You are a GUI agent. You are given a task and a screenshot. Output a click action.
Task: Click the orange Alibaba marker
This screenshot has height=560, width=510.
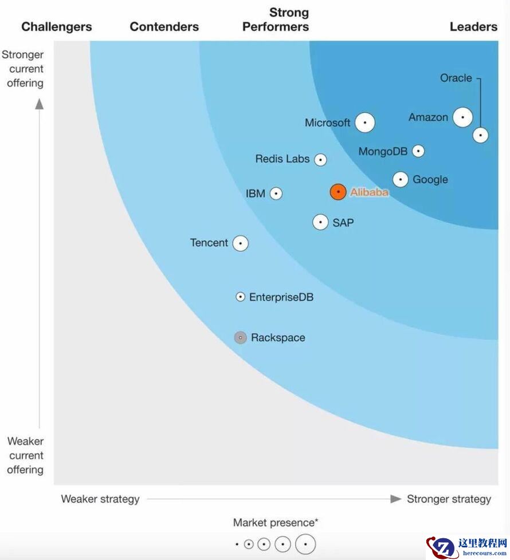(338, 192)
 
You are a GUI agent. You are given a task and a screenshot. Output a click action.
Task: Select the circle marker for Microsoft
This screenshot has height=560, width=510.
(365, 123)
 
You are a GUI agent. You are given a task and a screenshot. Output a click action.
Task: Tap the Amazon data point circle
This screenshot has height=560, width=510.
(462, 117)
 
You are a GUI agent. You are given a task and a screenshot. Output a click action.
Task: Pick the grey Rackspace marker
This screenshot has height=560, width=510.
(241, 338)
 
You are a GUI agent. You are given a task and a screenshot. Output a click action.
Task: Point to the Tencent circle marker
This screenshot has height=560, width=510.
(241, 243)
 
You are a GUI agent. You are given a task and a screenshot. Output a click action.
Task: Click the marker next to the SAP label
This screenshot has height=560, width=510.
(320, 222)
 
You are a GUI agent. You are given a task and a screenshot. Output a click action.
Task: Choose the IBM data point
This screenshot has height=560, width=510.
(276, 194)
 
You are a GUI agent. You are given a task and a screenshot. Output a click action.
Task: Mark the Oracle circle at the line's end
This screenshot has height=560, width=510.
(480, 135)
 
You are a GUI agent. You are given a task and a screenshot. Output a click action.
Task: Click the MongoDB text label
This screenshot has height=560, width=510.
(383, 152)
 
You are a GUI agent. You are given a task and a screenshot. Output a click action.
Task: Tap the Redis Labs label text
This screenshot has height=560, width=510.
(283, 159)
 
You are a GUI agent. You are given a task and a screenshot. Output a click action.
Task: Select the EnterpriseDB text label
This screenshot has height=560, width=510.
(281, 298)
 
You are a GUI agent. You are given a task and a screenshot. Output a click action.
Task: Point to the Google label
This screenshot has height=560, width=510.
(430, 180)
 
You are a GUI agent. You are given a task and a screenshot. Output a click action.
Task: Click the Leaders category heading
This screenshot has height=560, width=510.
(473, 27)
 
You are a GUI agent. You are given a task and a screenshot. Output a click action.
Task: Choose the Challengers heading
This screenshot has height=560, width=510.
(57, 27)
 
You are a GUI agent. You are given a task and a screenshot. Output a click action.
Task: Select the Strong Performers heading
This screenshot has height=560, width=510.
(276, 19)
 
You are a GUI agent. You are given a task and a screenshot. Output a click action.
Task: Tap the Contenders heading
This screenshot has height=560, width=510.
(164, 27)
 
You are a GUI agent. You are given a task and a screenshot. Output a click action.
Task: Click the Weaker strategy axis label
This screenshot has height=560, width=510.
(100, 499)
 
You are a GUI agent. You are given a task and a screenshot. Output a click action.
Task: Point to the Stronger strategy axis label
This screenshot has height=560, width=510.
(449, 499)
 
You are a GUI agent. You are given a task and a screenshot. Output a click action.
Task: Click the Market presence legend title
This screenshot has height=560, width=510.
(276, 523)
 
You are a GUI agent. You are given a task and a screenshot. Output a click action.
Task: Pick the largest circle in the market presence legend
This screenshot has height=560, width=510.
(306, 544)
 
